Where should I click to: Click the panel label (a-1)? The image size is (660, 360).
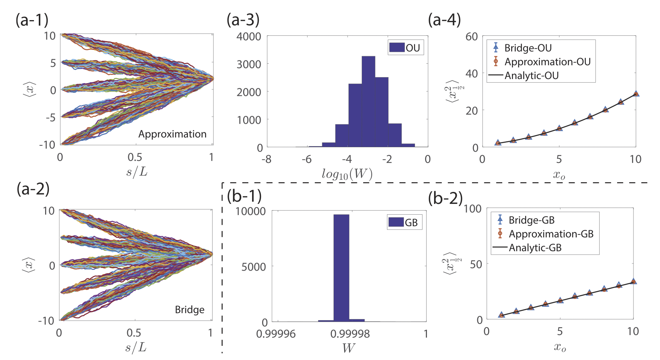pos(32,20)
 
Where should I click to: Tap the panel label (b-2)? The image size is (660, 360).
pos(445,198)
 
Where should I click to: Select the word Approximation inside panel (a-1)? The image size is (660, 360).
pos(172,134)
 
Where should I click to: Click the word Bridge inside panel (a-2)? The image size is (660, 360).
pos(189,310)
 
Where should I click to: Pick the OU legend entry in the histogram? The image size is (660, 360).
pos(406,48)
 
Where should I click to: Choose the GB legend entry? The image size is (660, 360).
pos(405,222)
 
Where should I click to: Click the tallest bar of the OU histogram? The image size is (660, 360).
pos(368,101)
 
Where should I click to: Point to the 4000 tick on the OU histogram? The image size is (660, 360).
pos(249,37)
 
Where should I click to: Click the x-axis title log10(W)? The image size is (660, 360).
pos(347,174)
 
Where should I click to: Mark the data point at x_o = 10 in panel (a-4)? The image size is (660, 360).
pos(636,94)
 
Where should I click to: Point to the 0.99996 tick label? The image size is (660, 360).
pos(276,334)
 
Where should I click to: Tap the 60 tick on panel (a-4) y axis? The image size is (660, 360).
pos(472,37)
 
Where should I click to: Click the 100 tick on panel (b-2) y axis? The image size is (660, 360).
pos(472,209)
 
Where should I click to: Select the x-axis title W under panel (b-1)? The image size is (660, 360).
pos(348,348)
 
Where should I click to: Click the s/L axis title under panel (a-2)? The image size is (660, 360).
pos(136,348)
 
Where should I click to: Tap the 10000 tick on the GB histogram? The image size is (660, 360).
pos(251,211)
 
